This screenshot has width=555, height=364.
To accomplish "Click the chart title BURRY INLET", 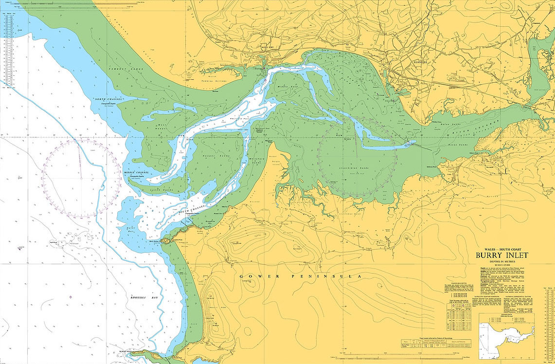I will tap(501, 255).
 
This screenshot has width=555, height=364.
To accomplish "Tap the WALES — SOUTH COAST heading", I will tap(501, 249).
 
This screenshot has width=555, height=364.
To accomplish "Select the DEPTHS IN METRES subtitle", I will tap(501, 261).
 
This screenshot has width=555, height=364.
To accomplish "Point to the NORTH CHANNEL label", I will tap(106, 99).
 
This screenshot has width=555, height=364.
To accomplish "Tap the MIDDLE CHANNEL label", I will tap(136, 173).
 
